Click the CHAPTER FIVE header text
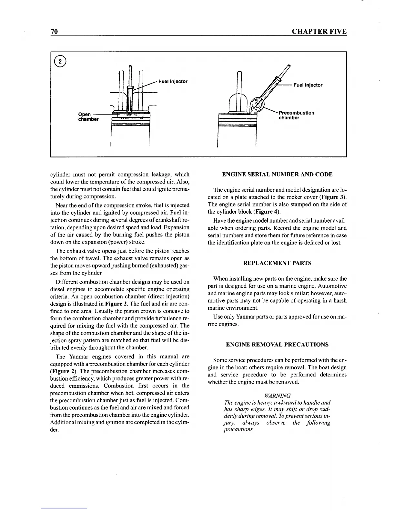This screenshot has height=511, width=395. pos(319,32)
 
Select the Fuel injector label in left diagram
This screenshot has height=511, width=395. pos(173,81)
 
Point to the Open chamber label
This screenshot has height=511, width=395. pos(88,117)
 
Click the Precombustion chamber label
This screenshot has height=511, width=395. pos(296,115)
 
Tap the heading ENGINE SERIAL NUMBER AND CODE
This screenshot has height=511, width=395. pos(277,175)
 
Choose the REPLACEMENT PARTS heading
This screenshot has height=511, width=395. pos(277,263)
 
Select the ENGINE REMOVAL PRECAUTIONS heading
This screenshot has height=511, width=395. pos(277,345)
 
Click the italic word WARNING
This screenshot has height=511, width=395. pos(277,396)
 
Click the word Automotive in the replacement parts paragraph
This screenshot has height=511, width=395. pos(333,286)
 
